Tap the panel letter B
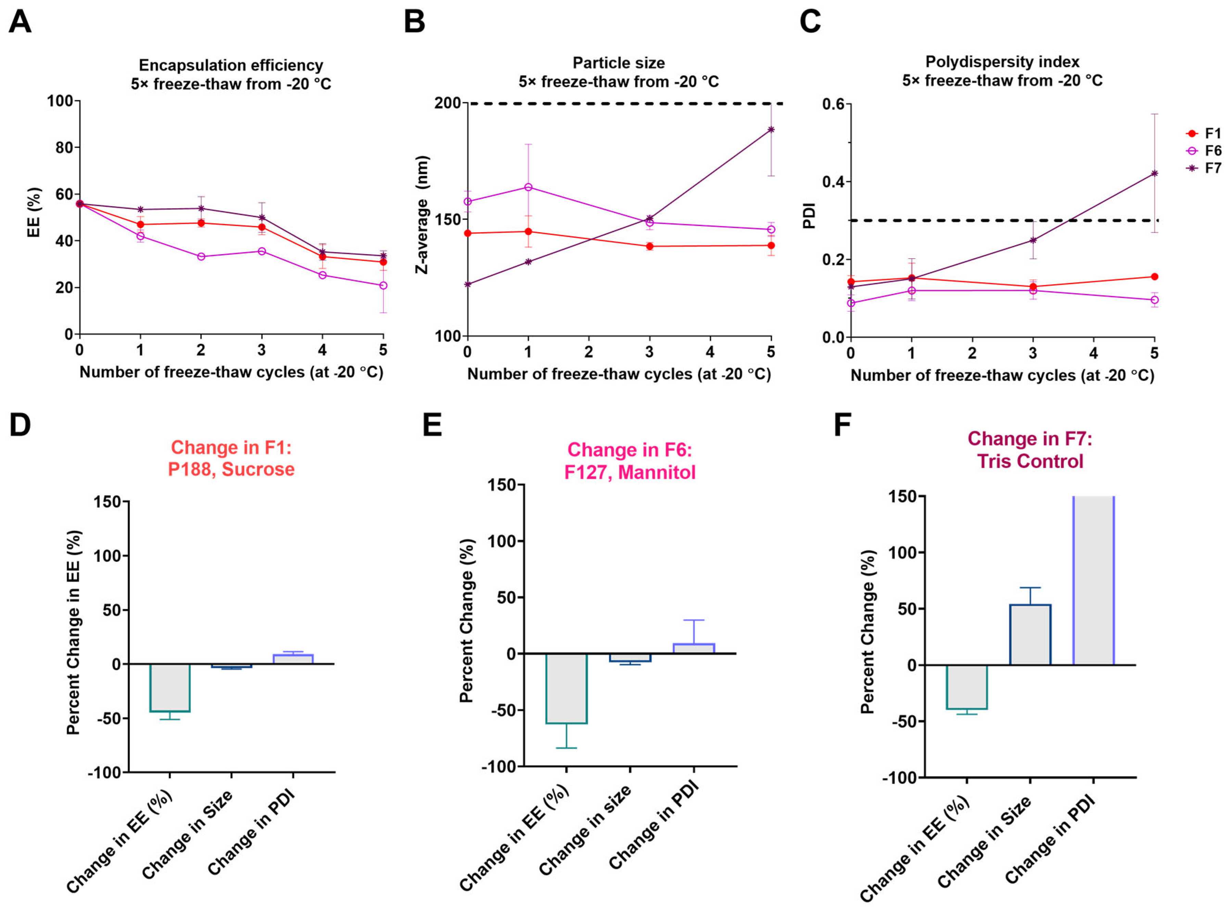click(x=414, y=22)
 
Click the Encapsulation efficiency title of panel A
click(x=231, y=65)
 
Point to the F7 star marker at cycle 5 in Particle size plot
click(x=771, y=129)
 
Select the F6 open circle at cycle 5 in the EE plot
click(x=383, y=285)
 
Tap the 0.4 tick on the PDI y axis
click(x=833, y=182)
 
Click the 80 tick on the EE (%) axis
click(x=64, y=148)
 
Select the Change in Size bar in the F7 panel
click(x=1030, y=635)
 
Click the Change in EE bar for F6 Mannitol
click(x=566, y=688)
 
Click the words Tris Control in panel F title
click(x=1030, y=461)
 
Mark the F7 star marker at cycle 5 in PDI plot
click(x=1155, y=174)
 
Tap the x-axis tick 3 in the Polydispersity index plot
click(x=1033, y=353)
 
